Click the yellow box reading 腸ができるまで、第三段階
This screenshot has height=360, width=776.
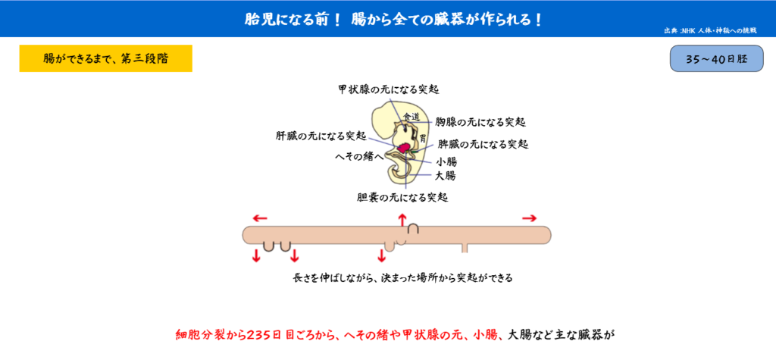pyautogui.click(x=105, y=58)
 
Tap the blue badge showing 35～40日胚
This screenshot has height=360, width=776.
pyautogui.click(x=716, y=58)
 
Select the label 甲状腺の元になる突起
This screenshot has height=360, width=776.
pyautogui.click(x=389, y=89)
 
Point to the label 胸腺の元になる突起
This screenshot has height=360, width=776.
pyautogui.click(x=480, y=121)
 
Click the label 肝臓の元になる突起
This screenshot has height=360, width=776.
pyautogui.click(x=321, y=135)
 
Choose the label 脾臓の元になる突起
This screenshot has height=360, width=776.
pyautogui.click(x=483, y=145)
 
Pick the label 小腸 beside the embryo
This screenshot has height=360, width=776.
pyautogui.click(x=446, y=161)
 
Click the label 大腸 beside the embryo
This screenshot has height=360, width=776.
pyautogui.click(x=446, y=175)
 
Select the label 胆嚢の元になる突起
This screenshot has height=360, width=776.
pyautogui.click(x=402, y=198)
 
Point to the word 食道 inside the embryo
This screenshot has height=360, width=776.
pyautogui.click(x=411, y=117)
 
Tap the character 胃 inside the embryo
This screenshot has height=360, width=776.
pyautogui.click(x=423, y=137)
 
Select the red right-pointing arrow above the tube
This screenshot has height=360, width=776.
pyautogui.click(x=530, y=218)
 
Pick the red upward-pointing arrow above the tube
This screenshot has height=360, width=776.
pyautogui.click(x=402, y=220)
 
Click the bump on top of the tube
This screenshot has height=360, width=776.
pyautogui.click(x=414, y=229)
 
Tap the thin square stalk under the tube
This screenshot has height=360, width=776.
pyautogui.click(x=465, y=248)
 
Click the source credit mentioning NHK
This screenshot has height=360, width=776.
pyautogui.click(x=710, y=31)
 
